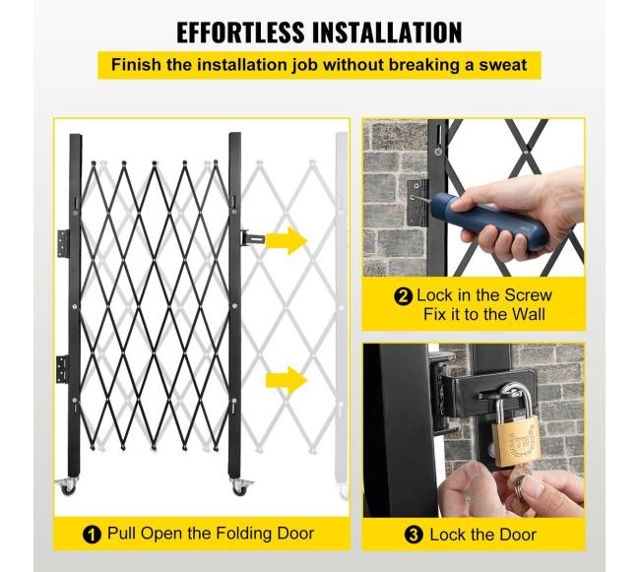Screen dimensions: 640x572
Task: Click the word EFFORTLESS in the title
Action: [x=240, y=32]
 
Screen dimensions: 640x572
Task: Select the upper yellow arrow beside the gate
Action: [x=287, y=241]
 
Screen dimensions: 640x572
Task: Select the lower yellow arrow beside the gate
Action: [x=287, y=380]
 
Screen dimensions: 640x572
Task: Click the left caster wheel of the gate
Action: [x=68, y=486]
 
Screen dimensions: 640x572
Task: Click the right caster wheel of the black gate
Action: [x=241, y=487]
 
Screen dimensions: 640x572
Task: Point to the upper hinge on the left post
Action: [x=63, y=243]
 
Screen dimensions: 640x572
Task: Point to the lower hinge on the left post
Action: [x=62, y=369]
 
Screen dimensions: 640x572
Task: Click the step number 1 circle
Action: [x=92, y=535]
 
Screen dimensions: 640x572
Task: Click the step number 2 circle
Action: [x=404, y=296]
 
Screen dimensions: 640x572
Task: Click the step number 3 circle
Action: [x=414, y=535]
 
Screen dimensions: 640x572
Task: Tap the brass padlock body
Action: [x=514, y=443]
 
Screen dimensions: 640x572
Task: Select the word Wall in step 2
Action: [x=529, y=314]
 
